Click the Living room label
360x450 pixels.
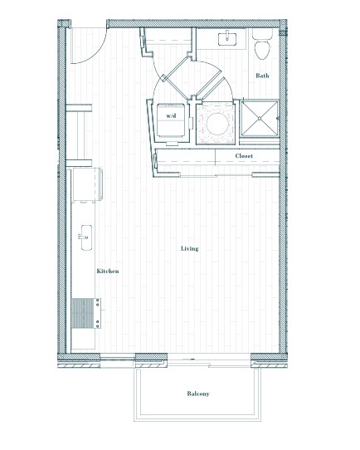click(x=189, y=248)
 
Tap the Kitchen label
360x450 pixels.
click(x=108, y=271)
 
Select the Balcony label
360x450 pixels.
click(x=198, y=394)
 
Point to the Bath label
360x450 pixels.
click(x=262, y=76)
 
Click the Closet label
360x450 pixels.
click(x=244, y=156)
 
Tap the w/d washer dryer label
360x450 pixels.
click(x=171, y=116)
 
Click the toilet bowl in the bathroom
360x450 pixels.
click(x=262, y=50)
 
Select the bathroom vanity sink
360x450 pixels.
click(x=227, y=39)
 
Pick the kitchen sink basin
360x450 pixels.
click(x=86, y=237)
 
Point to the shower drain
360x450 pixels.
click(x=260, y=118)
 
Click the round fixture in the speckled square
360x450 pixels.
click(x=217, y=124)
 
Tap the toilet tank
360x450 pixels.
click(x=262, y=34)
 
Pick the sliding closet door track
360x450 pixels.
click(x=216, y=175)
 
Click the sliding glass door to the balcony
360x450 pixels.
click(x=208, y=360)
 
